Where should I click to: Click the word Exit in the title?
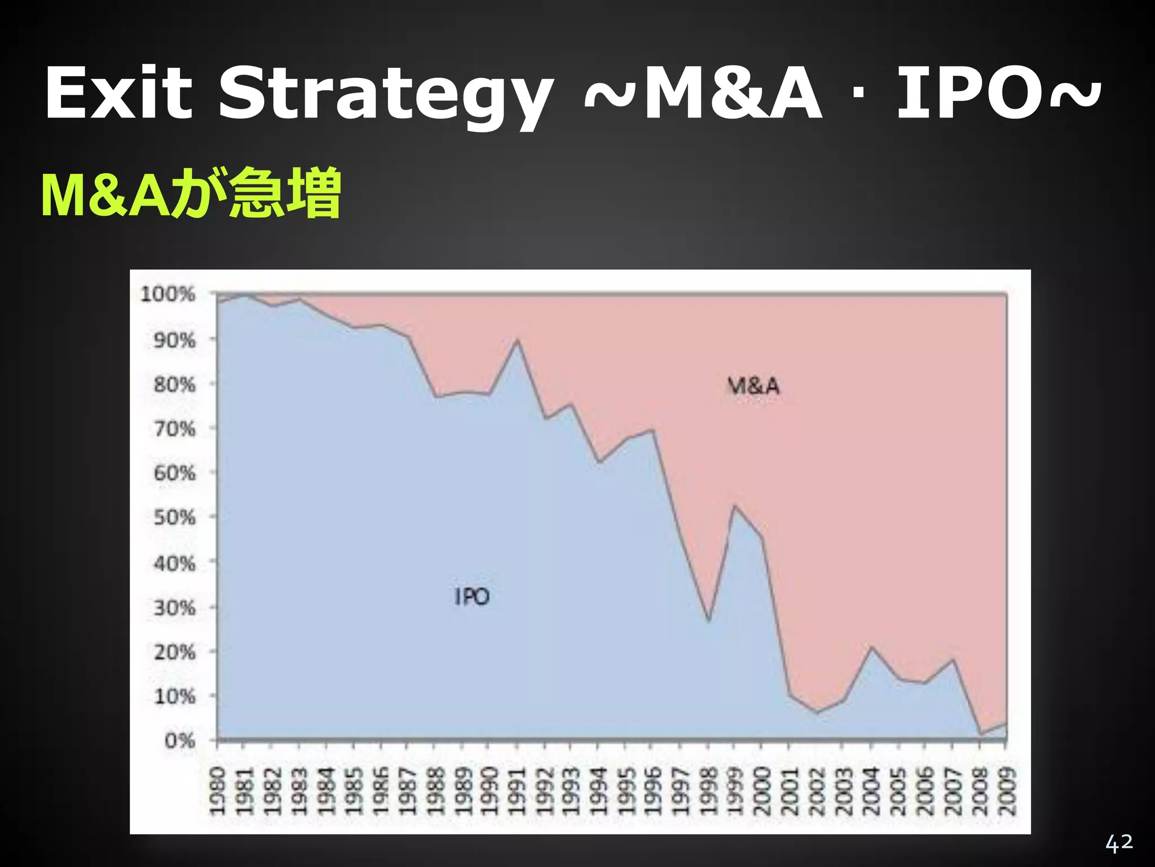tap(118, 94)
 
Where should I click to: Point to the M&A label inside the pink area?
tap(753, 387)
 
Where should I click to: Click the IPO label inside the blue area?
tap(472, 597)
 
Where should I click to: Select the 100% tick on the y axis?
tap(168, 294)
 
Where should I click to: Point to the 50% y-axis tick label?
tap(175, 517)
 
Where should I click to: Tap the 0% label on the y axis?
tap(180, 740)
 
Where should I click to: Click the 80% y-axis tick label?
tap(175, 385)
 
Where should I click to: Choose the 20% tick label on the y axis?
tap(175, 652)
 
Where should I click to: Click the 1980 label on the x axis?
tap(218, 791)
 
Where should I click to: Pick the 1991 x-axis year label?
tap(517, 791)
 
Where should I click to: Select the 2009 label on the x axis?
tap(1007, 791)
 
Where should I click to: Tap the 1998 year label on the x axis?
tap(708, 791)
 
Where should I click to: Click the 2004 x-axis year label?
tap(871, 791)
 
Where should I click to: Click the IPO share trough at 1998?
tap(708, 621)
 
